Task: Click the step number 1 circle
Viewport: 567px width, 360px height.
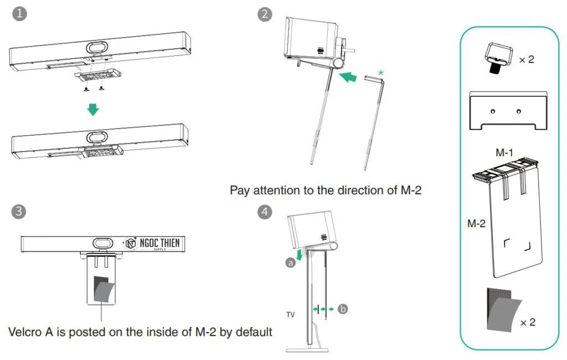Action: (20, 14)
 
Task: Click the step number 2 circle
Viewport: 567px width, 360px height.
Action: (265, 14)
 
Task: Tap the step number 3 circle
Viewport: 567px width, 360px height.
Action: (20, 211)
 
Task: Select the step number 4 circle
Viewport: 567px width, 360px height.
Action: (265, 211)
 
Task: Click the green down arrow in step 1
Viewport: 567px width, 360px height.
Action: (94, 110)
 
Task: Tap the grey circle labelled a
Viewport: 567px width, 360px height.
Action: (290, 264)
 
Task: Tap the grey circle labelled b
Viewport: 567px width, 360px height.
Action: (343, 309)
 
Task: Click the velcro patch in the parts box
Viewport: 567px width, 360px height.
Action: (501, 310)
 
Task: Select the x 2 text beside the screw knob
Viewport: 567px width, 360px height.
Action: (527, 59)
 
